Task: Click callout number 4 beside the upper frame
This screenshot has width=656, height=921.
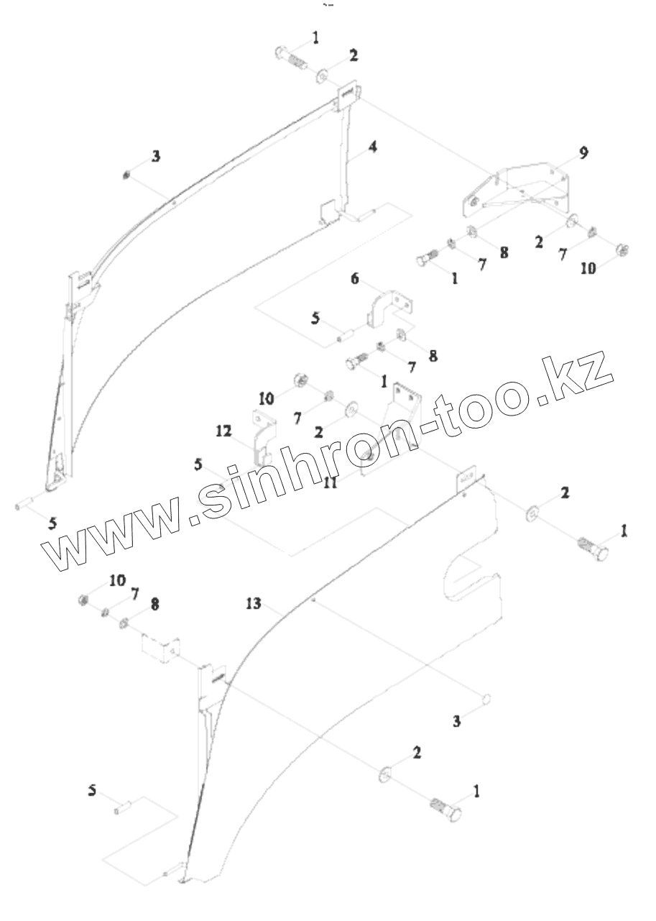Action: (x=372, y=146)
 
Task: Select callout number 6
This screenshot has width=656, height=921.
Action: (x=354, y=279)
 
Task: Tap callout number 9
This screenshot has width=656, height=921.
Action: (x=583, y=152)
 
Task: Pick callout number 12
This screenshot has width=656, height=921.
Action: (x=223, y=431)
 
